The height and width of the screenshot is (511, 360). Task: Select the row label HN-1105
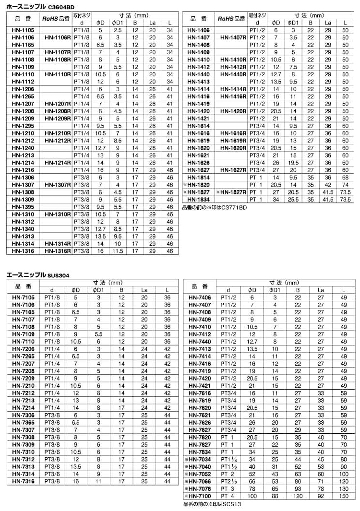[22, 30]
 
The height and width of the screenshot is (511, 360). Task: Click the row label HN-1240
[22, 148]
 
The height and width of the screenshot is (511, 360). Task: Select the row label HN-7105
[22, 297]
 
